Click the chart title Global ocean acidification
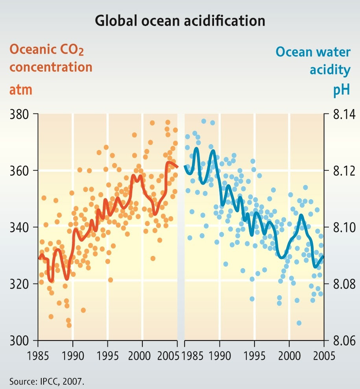tap(180, 20)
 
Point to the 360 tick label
tap(20, 171)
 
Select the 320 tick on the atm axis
tap(20, 284)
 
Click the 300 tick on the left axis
tap(20, 341)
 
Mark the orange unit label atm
tap(20, 90)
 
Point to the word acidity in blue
tap(330, 70)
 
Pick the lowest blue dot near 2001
tap(299, 323)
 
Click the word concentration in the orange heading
tap(51, 67)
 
